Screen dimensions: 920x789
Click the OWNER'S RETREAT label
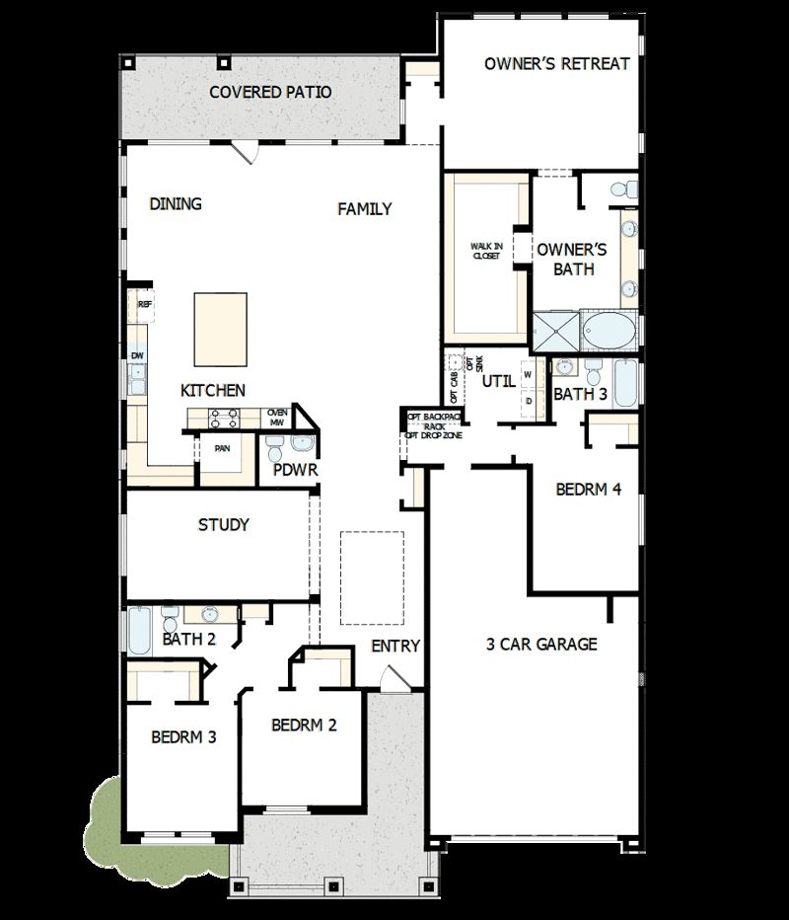click(x=557, y=64)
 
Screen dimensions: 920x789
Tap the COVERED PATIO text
click(x=270, y=93)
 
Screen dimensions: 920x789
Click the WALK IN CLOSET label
click(x=485, y=251)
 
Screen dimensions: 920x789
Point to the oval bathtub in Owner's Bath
click(x=610, y=331)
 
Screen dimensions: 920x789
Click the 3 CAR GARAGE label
click(x=541, y=645)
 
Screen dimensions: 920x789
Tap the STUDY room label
click(x=224, y=524)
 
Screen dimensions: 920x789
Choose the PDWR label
click(x=296, y=470)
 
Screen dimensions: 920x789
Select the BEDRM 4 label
click(x=588, y=489)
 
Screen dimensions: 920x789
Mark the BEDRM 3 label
click(x=183, y=736)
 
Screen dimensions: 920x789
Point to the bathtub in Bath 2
click(x=138, y=630)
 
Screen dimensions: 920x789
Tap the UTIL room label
click(x=498, y=381)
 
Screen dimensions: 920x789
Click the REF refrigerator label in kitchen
click(x=144, y=306)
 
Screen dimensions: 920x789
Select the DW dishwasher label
click(x=137, y=355)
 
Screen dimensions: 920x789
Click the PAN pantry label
click(x=223, y=447)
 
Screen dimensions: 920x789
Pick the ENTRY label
click(x=395, y=647)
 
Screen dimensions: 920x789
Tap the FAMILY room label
click(x=365, y=209)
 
